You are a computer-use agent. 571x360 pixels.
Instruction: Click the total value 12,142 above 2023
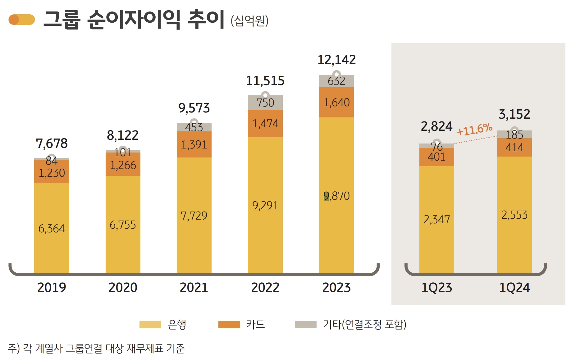(x=336, y=60)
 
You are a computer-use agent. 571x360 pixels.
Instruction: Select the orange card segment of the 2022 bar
(x=265, y=124)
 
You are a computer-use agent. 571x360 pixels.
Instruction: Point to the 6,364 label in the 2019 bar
(x=52, y=229)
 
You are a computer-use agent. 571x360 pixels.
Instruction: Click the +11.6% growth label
(x=474, y=129)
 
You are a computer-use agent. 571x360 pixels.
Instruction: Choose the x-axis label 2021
(x=194, y=287)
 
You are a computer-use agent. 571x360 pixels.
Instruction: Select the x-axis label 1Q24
(x=514, y=287)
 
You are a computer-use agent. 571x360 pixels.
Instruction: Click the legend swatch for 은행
(x=150, y=324)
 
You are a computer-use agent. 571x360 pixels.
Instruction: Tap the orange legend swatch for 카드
(x=229, y=324)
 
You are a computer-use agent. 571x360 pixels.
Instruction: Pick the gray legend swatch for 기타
(x=305, y=324)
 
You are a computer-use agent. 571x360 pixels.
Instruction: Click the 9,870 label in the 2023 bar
(x=336, y=196)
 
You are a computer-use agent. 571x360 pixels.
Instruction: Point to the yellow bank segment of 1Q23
(x=436, y=219)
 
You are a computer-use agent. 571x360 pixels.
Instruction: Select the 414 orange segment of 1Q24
(x=514, y=148)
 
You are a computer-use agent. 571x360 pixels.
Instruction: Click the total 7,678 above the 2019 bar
(x=52, y=144)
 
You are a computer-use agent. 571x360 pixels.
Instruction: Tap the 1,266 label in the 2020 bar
(x=123, y=165)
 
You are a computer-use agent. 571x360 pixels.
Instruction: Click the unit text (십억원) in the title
(x=249, y=21)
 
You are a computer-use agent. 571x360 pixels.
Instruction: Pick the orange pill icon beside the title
(x=21, y=20)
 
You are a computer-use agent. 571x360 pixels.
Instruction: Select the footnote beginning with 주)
(x=96, y=349)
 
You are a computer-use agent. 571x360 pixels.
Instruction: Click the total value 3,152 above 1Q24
(x=514, y=114)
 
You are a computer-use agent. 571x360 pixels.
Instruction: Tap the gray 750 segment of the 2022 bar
(x=265, y=103)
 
